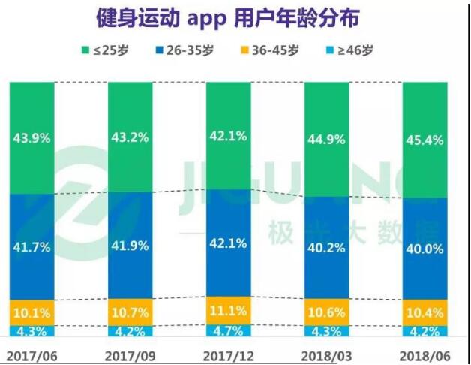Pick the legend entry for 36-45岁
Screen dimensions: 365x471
[274, 50]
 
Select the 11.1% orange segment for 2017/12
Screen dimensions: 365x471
[228, 310]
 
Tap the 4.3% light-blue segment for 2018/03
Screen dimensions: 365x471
[326, 330]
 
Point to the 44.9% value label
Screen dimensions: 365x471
[326, 139]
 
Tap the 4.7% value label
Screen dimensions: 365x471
[228, 330]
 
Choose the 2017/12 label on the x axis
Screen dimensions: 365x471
[228, 353]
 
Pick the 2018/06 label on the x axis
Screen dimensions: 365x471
[425, 353]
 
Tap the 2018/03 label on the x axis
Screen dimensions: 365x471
[326, 353]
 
